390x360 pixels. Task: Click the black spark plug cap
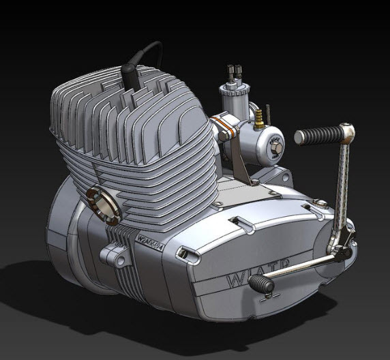[x=130, y=74]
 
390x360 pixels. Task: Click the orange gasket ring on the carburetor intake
[x=220, y=127]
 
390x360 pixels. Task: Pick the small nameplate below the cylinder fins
[x=149, y=241]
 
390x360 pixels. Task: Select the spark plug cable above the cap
[x=147, y=48]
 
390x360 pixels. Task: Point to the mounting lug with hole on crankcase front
[x=114, y=256]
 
